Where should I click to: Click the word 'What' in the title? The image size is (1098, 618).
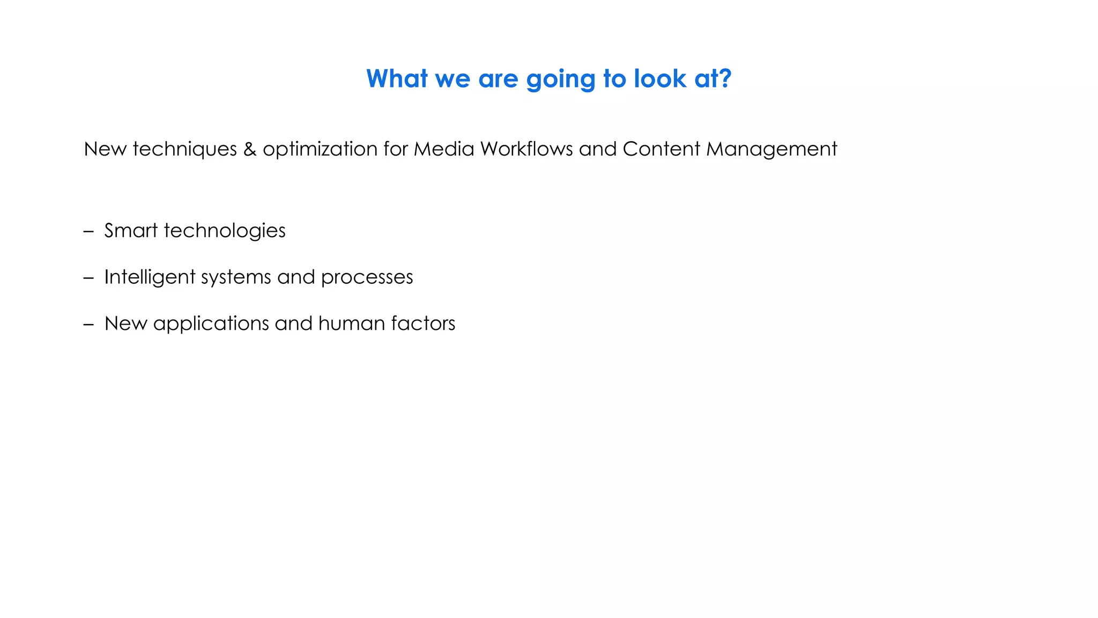coord(397,79)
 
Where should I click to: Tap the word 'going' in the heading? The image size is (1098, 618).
coord(561,80)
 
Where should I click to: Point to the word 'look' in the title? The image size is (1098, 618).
coord(659,79)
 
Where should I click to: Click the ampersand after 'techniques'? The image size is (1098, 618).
coord(249,149)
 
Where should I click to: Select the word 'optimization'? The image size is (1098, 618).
coord(320,149)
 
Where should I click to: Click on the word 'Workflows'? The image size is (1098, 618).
coord(526,149)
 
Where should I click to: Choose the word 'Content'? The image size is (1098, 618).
coord(661,149)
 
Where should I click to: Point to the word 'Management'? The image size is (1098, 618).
coord(771,149)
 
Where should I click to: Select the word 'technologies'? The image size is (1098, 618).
coord(225,231)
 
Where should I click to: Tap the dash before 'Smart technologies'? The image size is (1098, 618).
coord(88,232)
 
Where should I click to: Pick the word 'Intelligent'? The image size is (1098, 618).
coord(150,277)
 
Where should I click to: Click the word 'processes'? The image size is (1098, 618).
coord(367,277)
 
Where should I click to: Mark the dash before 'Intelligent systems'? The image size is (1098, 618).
coord(88,278)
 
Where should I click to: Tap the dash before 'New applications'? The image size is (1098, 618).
coord(88,325)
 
